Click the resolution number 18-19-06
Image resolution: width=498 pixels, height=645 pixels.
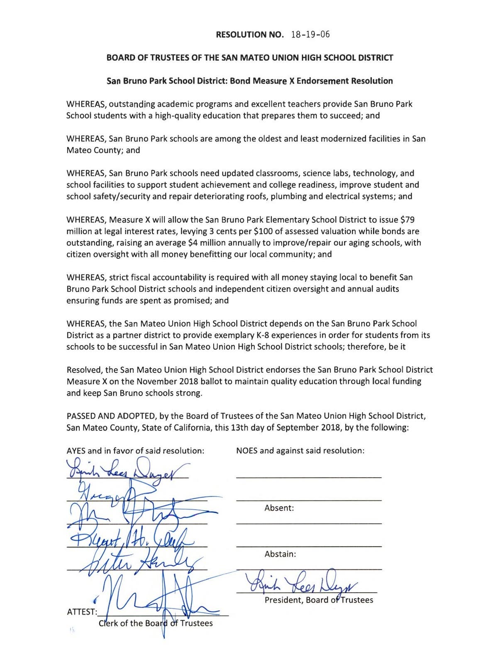310,34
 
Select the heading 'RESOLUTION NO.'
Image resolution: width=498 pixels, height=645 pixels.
250,34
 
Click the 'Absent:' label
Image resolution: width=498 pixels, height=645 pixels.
279,508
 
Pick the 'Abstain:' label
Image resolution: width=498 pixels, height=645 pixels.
280,554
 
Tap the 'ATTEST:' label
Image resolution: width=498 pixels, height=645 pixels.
82,612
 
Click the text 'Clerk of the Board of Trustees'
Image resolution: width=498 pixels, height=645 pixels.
156,623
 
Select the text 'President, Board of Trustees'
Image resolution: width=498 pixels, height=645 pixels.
319,600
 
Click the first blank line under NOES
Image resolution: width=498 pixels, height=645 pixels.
309,478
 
